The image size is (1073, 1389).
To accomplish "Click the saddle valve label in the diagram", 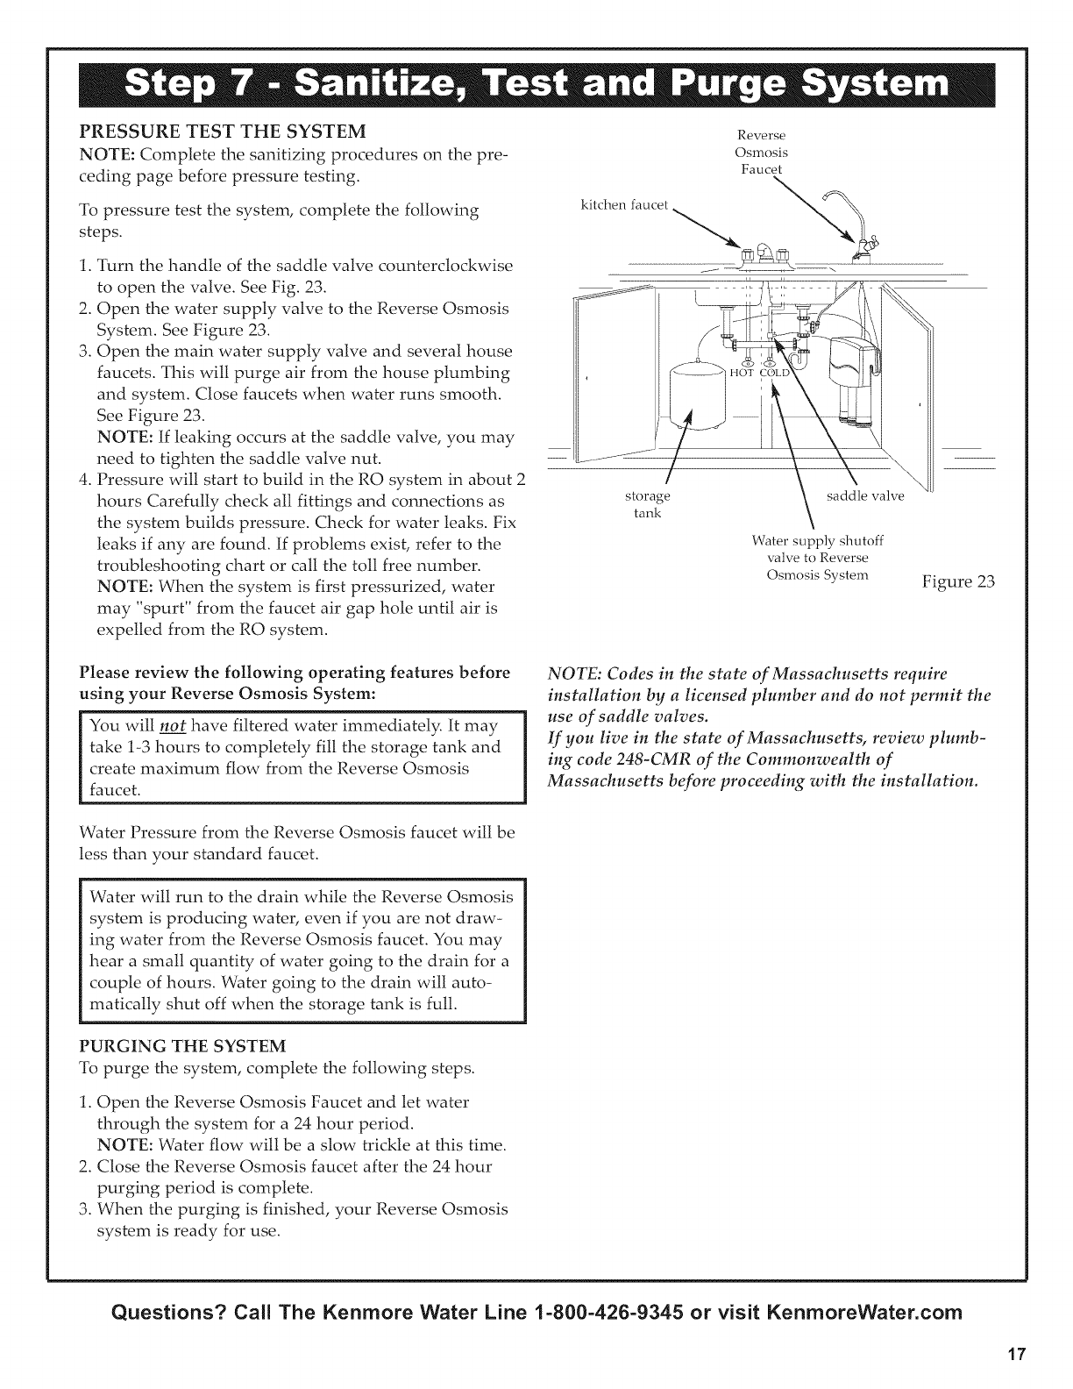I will point(864,496).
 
